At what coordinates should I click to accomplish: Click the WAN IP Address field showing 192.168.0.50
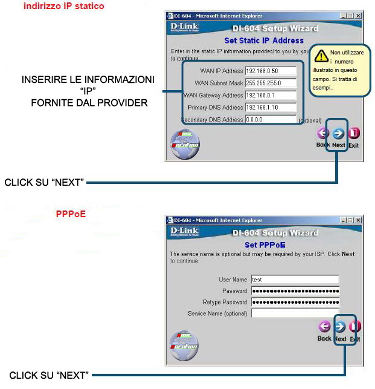tap(270, 71)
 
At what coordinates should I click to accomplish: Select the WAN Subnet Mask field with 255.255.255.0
tap(270, 83)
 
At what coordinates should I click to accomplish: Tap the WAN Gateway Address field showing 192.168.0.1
tap(270, 95)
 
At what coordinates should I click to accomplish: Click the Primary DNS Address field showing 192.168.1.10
tap(270, 107)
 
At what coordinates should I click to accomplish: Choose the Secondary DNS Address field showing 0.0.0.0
tap(270, 119)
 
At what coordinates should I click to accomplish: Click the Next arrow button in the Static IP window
tap(338, 134)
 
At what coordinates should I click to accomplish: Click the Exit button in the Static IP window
tap(354, 134)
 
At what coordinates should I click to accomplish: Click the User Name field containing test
tap(295, 279)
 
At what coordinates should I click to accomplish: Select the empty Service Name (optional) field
tap(295, 313)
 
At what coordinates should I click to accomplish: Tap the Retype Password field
tap(295, 302)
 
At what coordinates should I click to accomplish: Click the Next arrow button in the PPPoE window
tap(341, 327)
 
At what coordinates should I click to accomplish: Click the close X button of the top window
tap(358, 15)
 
